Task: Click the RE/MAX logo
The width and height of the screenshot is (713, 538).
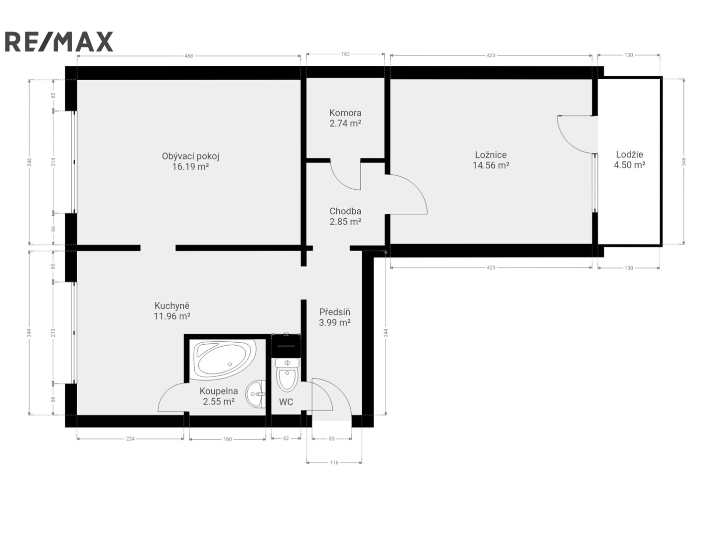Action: click(59, 41)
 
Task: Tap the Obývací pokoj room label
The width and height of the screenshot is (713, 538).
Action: click(190, 156)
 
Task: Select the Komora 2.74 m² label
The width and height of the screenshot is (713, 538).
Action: click(345, 118)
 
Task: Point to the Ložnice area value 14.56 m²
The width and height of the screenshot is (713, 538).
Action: click(490, 165)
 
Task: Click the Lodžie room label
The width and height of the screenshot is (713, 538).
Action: click(629, 154)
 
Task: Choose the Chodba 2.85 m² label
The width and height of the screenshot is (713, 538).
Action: click(345, 216)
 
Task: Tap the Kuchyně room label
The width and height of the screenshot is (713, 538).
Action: click(172, 305)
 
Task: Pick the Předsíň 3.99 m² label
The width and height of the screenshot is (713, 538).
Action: click(334, 317)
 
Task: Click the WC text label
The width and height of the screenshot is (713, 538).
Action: click(286, 402)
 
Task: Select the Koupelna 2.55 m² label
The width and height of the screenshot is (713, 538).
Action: click(219, 396)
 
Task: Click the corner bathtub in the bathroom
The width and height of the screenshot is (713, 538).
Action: click(225, 360)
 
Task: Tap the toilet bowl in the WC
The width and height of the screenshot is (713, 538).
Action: click(287, 375)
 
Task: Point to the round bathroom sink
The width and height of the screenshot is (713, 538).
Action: click(255, 394)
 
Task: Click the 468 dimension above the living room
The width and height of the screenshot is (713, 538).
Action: click(189, 56)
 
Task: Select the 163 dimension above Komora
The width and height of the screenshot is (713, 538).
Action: click(345, 54)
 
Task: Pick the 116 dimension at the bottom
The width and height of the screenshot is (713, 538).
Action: click(334, 463)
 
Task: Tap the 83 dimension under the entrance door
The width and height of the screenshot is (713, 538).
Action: click(332, 439)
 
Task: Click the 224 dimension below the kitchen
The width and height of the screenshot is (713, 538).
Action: click(130, 439)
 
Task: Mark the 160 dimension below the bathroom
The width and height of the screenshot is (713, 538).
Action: click(227, 439)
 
